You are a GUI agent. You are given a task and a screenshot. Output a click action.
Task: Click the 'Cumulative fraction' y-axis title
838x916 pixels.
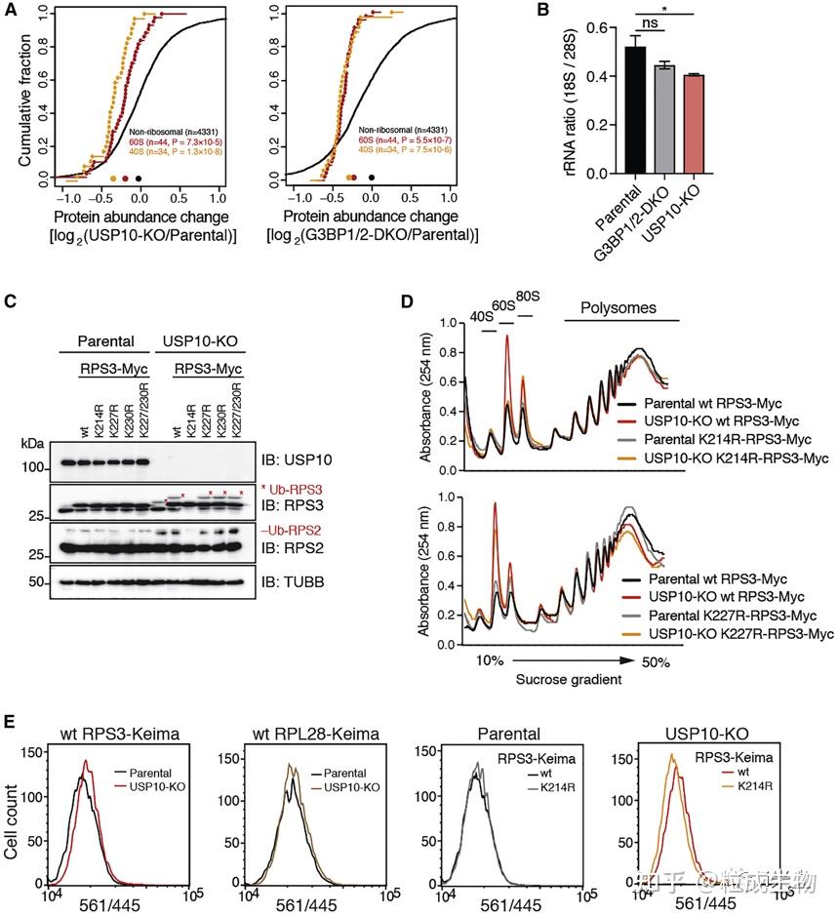12,95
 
